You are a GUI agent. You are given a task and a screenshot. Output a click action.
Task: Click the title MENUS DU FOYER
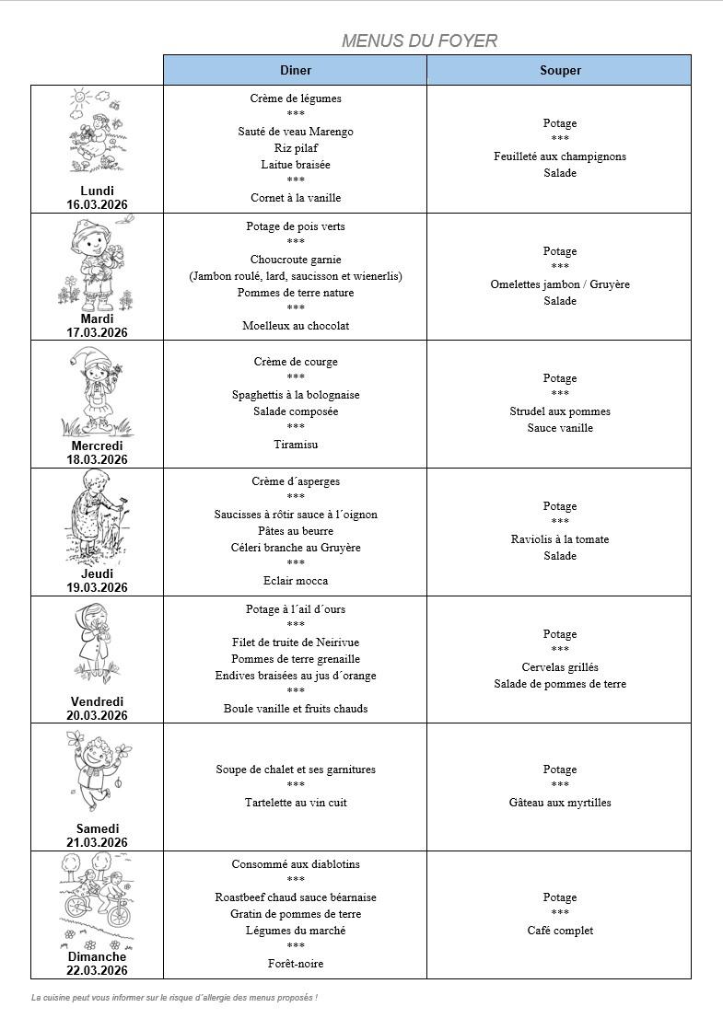[x=419, y=41]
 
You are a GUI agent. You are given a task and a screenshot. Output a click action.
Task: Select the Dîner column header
[x=296, y=70]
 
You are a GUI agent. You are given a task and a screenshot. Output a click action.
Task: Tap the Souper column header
[x=560, y=70]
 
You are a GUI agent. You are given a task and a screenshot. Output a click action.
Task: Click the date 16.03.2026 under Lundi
[x=97, y=204]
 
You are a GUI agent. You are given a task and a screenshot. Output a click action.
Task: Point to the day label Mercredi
[x=97, y=446]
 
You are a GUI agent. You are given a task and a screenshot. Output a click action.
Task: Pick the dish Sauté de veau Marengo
[x=296, y=132]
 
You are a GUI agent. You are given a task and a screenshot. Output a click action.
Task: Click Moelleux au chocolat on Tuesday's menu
[x=296, y=326]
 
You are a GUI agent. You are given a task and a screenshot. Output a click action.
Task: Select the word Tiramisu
[x=296, y=445]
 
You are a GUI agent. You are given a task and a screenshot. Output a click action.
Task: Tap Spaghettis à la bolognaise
[x=296, y=395]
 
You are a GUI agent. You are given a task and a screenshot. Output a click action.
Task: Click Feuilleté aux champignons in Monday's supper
[x=560, y=156]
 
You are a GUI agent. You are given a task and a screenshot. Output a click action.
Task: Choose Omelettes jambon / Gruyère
[x=560, y=284]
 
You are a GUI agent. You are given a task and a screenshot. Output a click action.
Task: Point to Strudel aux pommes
[x=560, y=411]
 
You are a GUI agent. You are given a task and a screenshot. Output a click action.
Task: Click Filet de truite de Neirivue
[x=296, y=642]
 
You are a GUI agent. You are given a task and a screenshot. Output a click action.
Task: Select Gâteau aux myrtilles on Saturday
[x=560, y=803]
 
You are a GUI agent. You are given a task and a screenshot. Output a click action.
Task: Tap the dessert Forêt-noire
[x=296, y=964]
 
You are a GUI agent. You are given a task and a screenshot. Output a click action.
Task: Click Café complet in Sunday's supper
[x=560, y=931]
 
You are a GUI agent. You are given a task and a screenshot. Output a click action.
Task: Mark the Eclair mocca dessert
[x=296, y=581]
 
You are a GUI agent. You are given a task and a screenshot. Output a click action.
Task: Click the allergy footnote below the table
[x=174, y=997]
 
